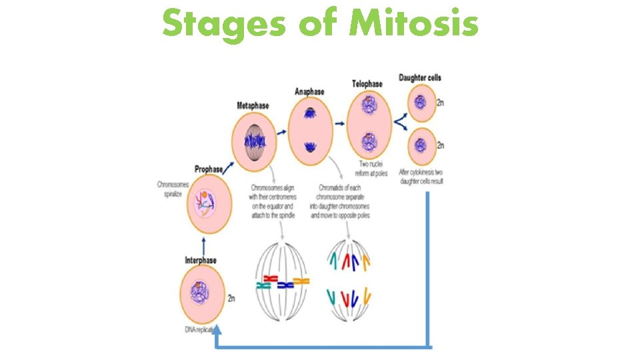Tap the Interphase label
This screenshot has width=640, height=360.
[x=201, y=259]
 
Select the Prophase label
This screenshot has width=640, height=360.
[x=209, y=169]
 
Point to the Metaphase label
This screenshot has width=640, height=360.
[x=254, y=106]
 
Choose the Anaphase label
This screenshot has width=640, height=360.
[x=309, y=91]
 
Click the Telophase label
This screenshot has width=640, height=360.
[x=367, y=84]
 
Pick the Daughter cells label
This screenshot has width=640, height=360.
[x=420, y=78]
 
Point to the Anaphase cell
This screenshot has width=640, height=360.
[x=310, y=127]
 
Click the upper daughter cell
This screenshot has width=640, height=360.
[x=420, y=103]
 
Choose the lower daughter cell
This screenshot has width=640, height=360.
[x=420, y=144]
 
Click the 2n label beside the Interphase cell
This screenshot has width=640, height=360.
[x=231, y=299]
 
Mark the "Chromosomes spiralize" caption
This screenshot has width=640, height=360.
[x=171, y=189]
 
